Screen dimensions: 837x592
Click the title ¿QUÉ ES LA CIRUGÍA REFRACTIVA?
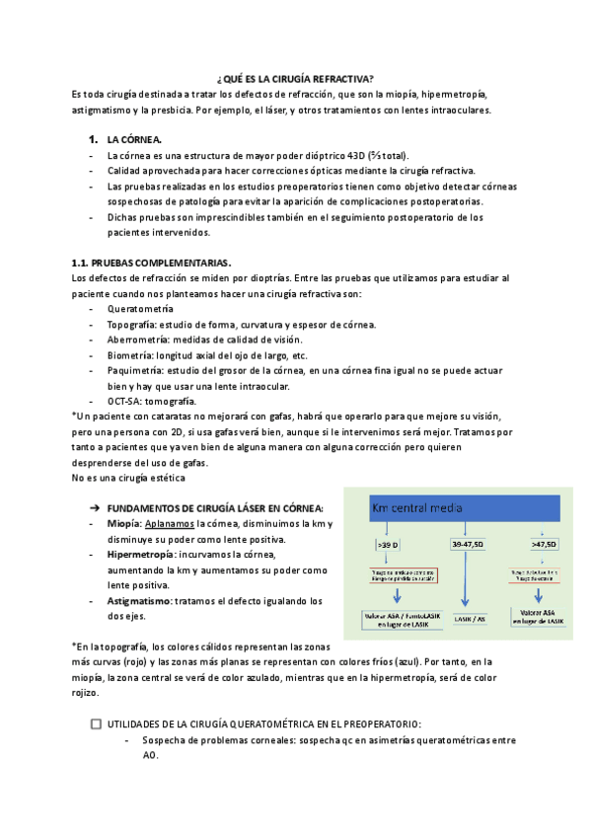click(295, 78)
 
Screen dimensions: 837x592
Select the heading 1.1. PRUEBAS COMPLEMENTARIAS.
click(152, 263)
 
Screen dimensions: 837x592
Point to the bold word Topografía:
click(133, 325)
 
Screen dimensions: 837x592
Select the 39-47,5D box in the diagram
click(466, 544)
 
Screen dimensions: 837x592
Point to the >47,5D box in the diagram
click(544, 544)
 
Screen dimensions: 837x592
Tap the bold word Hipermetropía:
click(145, 556)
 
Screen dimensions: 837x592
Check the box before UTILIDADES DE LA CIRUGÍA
click(95, 723)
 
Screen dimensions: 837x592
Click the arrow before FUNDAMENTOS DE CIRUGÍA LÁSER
click(95, 507)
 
